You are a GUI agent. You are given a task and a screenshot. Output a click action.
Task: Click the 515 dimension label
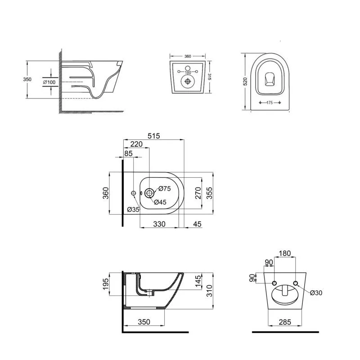coord(153,136)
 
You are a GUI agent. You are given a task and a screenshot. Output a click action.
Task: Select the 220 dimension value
coord(136,144)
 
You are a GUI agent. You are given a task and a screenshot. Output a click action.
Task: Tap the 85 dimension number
coord(128,153)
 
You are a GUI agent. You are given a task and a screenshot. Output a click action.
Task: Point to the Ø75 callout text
coord(165,189)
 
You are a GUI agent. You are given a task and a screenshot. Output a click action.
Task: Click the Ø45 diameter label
coord(160,202)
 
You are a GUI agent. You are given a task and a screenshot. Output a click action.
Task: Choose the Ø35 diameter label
coord(133,209)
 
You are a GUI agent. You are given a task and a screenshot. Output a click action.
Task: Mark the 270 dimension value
coord(198,193)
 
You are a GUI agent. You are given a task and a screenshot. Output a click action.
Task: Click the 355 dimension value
coord(209,193)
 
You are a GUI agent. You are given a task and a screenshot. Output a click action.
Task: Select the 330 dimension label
coord(159,224)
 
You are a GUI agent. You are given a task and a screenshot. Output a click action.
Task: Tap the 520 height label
coord(245,81)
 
